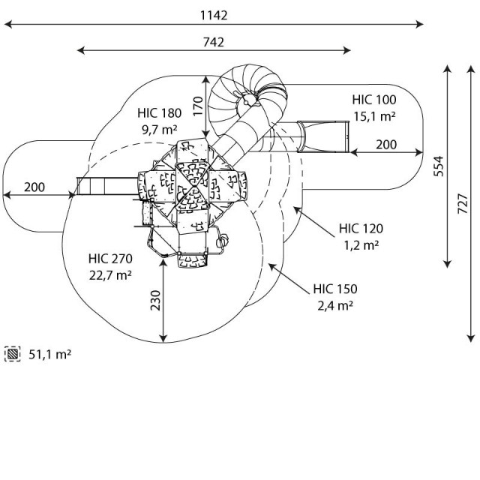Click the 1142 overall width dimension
point(214,15)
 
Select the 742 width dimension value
point(213,43)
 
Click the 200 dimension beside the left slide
point(34,186)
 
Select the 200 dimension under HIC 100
point(387,144)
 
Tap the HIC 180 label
point(159,113)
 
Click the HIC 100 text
point(374,100)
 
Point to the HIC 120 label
point(361,229)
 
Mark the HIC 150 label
point(335,289)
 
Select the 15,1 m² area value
point(374,115)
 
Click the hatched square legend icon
point(13,352)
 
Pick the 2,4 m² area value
point(335,304)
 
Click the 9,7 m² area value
point(159,129)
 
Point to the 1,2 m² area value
point(361,244)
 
